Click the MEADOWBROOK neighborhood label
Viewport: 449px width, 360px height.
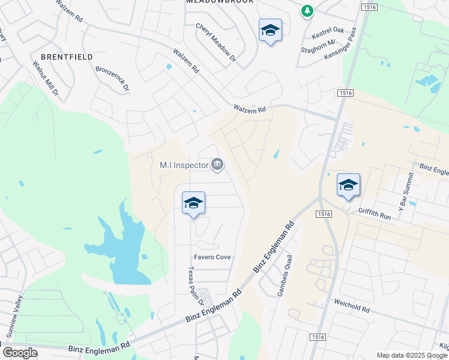[220, 2]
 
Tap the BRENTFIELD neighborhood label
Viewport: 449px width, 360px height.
[67, 57]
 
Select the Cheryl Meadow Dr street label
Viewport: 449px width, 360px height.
[216, 43]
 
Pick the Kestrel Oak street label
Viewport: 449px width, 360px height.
[327, 29]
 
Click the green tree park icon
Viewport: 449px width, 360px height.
[307, 11]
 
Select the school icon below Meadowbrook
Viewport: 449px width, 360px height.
[270, 31]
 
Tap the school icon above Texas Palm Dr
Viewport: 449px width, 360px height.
[193, 203]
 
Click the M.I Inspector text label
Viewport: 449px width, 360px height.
[183, 164]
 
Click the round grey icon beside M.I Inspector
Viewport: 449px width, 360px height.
[217, 164]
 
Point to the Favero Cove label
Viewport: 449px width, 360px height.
[212, 257]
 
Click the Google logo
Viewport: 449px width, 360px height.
[20, 353]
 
